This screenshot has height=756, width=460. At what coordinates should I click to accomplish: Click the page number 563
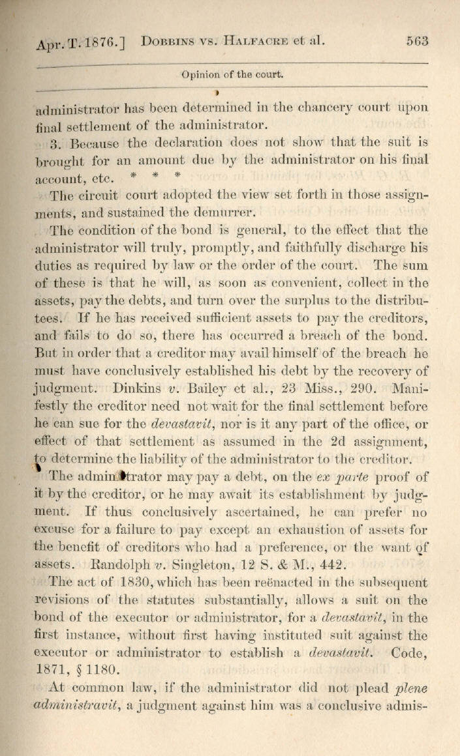[x=416, y=40]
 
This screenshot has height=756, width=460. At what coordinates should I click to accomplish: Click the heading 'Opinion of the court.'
[x=232, y=74]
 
